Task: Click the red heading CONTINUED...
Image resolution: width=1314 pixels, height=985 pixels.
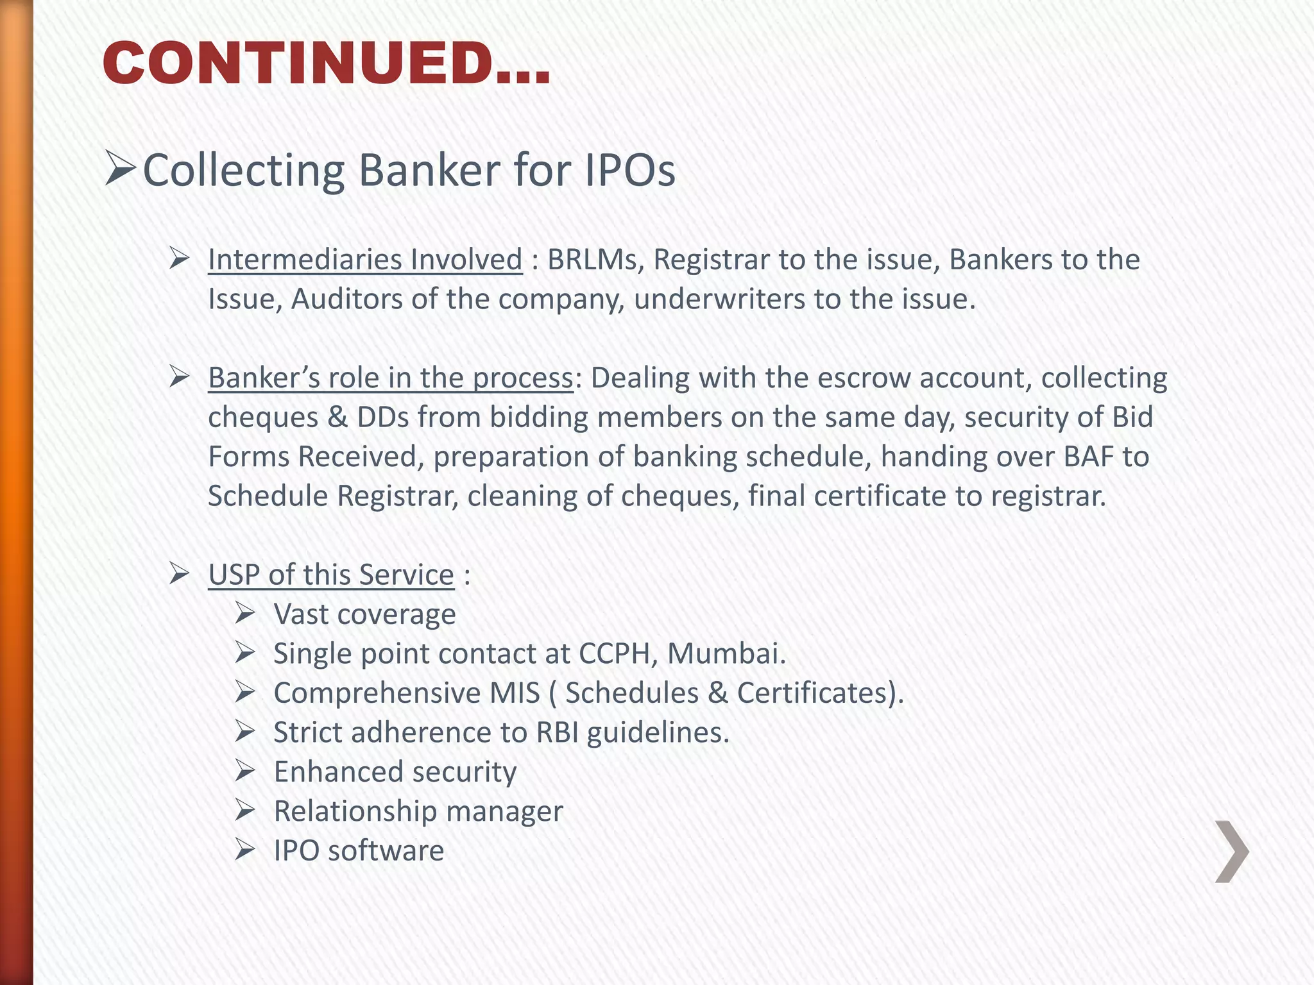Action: click(x=326, y=63)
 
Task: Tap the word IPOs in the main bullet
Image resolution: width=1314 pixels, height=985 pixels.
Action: click(x=629, y=171)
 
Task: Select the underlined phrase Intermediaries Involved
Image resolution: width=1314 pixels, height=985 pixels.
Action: click(x=365, y=260)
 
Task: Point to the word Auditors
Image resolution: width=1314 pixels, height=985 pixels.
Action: click(x=346, y=299)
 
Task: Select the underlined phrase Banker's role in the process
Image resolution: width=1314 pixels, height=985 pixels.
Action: click(x=390, y=378)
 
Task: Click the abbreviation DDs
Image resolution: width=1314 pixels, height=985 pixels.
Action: click(x=382, y=417)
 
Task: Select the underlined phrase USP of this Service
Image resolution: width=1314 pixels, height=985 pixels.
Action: click(x=331, y=575)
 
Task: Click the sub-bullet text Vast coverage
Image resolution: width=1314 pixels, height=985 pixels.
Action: click(x=364, y=614)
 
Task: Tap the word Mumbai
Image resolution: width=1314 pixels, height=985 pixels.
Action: click(x=726, y=653)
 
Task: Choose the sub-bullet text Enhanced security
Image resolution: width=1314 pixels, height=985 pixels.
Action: click(x=395, y=772)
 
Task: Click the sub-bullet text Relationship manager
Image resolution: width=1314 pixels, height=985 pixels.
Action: click(x=418, y=811)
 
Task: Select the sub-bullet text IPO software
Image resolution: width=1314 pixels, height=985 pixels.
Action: click(x=359, y=851)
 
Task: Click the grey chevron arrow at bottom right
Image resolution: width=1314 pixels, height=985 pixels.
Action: click(x=1232, y=852)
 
